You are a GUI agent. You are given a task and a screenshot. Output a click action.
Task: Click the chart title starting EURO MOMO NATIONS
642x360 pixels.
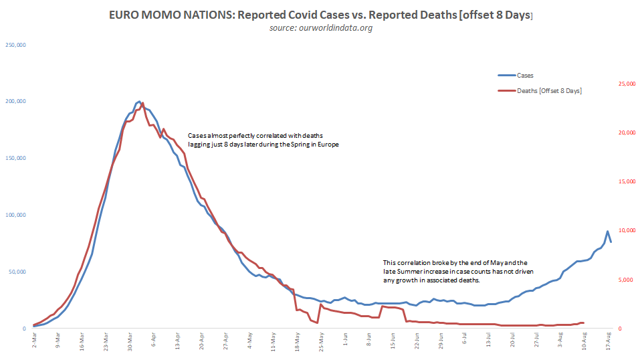(321, 15)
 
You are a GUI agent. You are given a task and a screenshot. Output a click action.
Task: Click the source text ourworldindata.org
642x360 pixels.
(321, 28)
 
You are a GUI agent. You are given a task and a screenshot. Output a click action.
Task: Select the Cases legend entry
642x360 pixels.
(525, 76)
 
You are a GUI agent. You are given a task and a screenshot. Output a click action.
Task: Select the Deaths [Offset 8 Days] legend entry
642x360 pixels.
(548, 90)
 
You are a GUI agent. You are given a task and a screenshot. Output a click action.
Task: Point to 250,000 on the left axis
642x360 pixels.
(15, 45)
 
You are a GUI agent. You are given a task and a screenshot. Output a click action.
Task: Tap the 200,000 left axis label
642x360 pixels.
(15, 102)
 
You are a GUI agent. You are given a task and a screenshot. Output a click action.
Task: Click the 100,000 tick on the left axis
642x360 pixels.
(15, 215)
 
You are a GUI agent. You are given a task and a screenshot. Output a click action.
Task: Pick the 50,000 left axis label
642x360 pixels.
(17, 272)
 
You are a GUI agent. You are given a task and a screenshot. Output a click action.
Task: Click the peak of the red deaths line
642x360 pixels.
(142, 104)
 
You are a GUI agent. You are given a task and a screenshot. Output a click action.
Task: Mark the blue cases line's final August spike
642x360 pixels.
(607, 232)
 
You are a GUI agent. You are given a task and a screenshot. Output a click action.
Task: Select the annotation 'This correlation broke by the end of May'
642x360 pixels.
(455, 272)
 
